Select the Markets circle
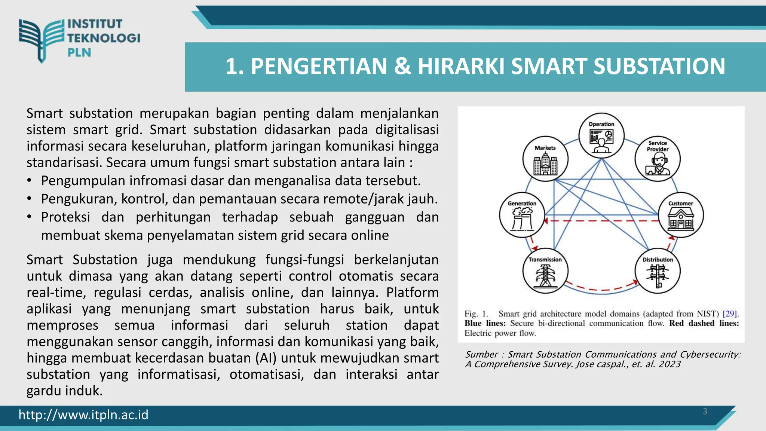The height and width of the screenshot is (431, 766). pos(545,159)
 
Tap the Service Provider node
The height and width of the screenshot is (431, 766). pos(658,159)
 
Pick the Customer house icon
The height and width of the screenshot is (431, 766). pos(681,219)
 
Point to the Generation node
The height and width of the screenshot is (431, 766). pos(522,215)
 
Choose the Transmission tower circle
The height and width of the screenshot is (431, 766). pos(545,271)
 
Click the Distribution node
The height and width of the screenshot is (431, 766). pos(658,271)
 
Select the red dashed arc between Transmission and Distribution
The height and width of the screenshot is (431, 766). pos(601,289)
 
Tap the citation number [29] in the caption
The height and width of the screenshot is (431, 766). pos(730,314)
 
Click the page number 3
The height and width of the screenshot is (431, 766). pos(705,412)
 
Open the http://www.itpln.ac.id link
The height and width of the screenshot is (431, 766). pos(83,415)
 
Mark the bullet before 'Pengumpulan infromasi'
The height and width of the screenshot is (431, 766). pos(30,181)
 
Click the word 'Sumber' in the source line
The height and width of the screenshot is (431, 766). pos(481,355)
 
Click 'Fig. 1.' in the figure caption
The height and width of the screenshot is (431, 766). pos(477,314)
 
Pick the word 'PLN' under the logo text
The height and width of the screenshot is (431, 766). pos(79,52)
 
